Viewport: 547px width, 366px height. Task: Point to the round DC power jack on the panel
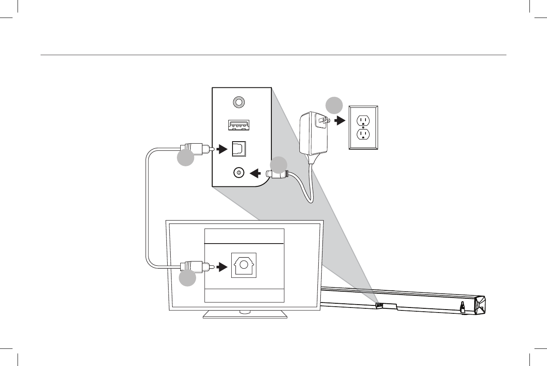click(x=239, y=172)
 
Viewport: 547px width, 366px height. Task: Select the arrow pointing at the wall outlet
click(x=340, y=120)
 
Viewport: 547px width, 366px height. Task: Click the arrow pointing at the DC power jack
click(x=256, y=172)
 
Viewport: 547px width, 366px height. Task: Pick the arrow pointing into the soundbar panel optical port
click(x=222, y=148)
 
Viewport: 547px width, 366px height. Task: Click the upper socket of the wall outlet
click(x=363, y=120)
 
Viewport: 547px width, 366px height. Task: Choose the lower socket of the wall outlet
click(x=363, y=135)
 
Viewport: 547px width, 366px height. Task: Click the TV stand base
click(x=245, y=315)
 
